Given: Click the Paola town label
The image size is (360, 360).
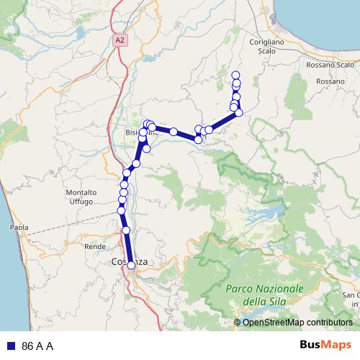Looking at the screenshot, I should [19, 228].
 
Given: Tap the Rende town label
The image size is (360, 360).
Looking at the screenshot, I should [95, 246].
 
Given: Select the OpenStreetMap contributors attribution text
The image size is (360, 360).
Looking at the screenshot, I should [297, 322].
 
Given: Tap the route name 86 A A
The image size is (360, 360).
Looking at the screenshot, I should [38, 346].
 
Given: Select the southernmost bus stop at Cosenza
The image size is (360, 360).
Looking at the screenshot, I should [131, 265].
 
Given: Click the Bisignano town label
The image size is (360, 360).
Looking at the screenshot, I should [141, 133].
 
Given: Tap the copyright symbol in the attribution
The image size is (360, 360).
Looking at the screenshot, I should [238, 322].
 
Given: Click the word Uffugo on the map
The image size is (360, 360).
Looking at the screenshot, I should [81, 202].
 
